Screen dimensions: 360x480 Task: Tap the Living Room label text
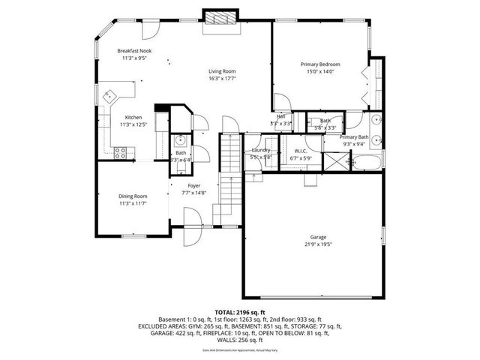pos(223,71)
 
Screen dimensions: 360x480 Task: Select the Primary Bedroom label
pos(320,64)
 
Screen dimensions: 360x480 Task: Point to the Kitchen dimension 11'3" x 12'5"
pos(133,124)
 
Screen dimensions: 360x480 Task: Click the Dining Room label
pos(133,196)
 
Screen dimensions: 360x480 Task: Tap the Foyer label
pos(193,187)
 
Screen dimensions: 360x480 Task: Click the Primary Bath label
pos(353,137)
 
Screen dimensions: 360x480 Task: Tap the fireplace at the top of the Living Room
pos(220,19)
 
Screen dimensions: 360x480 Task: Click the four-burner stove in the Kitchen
pos(120,152)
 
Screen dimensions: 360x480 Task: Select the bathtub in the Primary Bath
pos(367,160)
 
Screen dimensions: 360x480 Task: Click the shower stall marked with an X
pos(334,160)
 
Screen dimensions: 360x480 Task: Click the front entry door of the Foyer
pos(190,224)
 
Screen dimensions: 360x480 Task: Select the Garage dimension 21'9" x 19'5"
pos(319,244)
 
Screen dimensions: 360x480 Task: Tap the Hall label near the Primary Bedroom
pos(280,116)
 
